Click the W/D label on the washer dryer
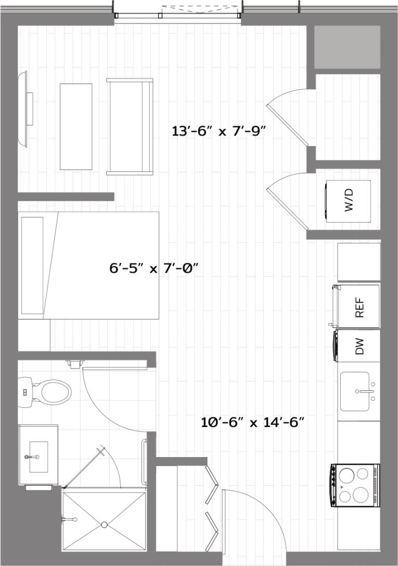[x=349, y=200]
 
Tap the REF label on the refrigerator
[x=358, y=307]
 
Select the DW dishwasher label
[x=359, y=346]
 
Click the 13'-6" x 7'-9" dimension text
[x=219, y=131]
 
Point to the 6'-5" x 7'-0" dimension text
[x=155, y=269]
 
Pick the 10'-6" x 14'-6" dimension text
[x=252, y=422]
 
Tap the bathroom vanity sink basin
[x=38, y=457]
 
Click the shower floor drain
[x=104, y=524]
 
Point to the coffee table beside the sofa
[x=76, y=126]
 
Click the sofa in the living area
[x=130, y=126]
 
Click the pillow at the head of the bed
[x=33, y=265]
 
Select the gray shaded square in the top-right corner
[x=347, y=47]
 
